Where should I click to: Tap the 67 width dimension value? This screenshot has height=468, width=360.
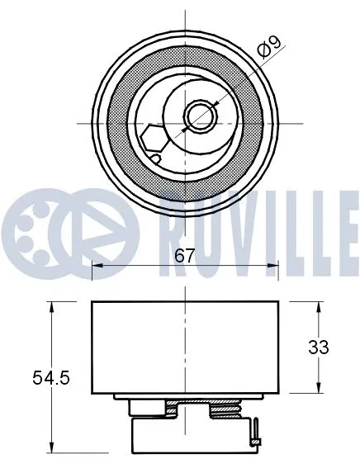click(185, 256)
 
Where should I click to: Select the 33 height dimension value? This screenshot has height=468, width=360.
click(318, 347)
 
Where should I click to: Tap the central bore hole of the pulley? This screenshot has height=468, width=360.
click(198, 116)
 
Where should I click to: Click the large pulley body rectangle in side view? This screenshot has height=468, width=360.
click(185, 347)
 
